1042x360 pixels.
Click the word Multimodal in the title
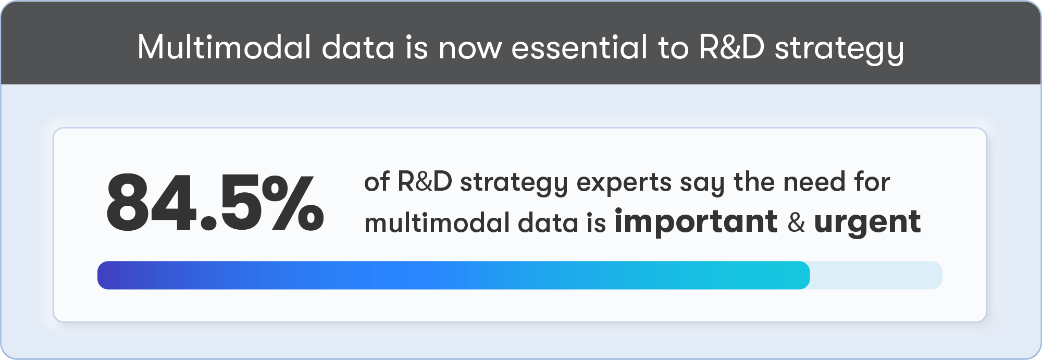point(225,47)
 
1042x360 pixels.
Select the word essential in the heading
point(579,47)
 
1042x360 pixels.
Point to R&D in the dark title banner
point(731,47)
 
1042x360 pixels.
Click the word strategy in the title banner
point(839,50)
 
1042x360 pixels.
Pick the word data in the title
point(358,47)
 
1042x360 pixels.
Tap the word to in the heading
point(674,48)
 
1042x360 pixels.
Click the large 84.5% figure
point(215,202)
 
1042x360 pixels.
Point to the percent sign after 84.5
point(292,202)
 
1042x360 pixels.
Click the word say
point(702,185)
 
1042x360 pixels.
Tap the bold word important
point(696,222)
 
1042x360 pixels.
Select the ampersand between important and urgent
point(796,222)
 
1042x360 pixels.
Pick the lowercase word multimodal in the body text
point(437,222)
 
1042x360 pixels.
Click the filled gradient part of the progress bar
point(453,275)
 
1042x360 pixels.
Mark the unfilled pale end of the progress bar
point(876,275)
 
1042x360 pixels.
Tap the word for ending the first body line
point(872,182)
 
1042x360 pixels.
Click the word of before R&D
point(377,182)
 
